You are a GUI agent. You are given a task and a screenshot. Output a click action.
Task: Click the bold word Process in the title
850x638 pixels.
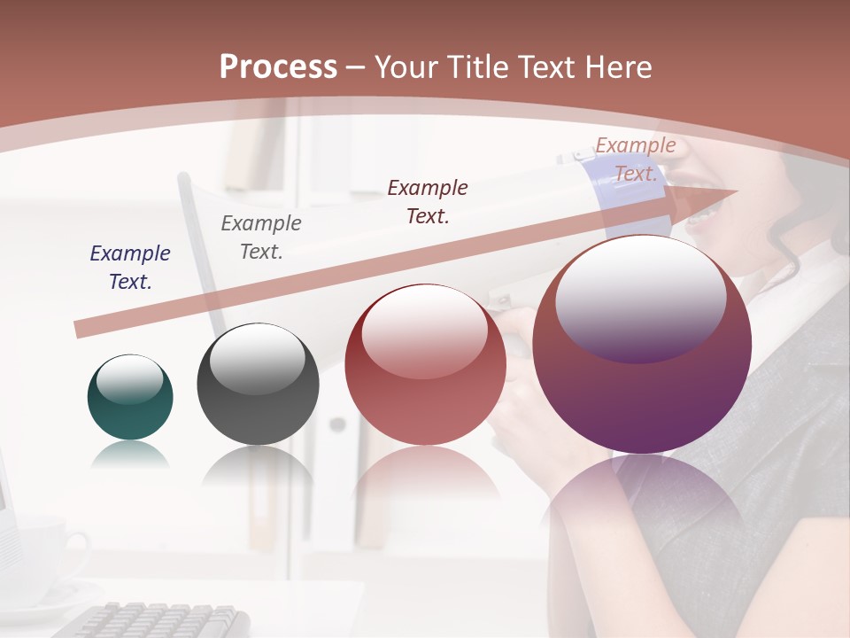tap(278, 67)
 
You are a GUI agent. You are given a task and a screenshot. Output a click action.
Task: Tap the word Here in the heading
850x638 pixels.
tap(617, 67)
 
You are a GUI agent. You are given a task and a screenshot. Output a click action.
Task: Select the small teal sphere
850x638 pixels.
tap(130, 397)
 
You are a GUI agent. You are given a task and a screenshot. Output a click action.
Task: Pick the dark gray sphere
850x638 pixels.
tap(258, 385)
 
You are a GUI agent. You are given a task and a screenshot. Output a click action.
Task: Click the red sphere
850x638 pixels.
tap(425, 364)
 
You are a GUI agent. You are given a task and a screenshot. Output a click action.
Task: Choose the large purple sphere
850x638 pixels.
tap(642, 345)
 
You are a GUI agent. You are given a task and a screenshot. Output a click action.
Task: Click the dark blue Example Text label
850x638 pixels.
tap(130, 268)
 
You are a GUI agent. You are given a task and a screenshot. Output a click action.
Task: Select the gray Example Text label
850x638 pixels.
tap(261, 237)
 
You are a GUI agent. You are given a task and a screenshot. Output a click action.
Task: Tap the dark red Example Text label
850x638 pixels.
tap(428, 202)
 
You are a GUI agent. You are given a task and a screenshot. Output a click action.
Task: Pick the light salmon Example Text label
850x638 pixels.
tap(636, 159)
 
